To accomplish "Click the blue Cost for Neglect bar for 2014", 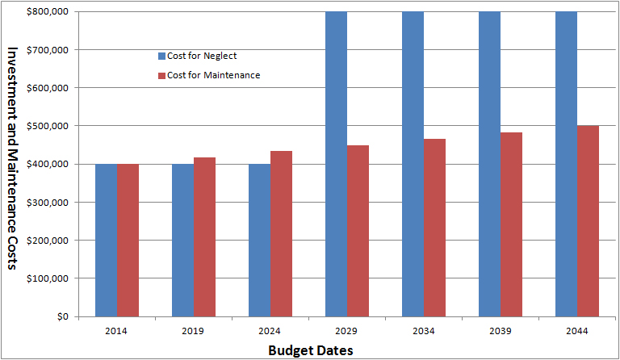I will click(106, 240).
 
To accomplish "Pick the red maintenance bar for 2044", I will click(588, 220).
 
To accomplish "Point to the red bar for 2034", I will click(434, 227).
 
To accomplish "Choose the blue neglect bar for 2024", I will click(259, 240).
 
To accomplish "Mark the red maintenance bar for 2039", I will click(511, 224).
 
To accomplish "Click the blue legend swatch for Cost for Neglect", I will click(161, 56).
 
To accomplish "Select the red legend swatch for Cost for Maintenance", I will click(161, 75).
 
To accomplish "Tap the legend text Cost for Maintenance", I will click(213, 75).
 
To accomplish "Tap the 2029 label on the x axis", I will click(347, 330).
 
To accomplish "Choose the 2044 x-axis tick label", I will click(576, 330).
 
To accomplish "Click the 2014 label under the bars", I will click(116, 330).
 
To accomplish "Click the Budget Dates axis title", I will click(310, 350).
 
